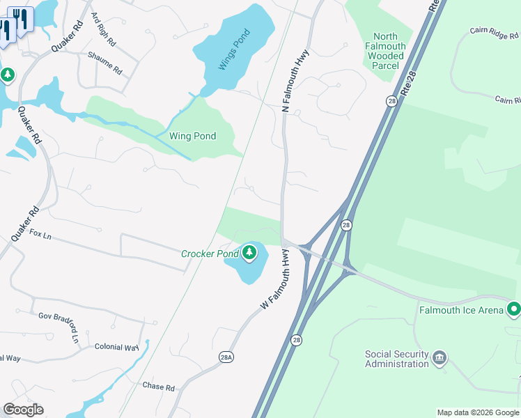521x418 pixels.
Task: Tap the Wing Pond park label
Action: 192,136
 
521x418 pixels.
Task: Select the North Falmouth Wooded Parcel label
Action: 385,51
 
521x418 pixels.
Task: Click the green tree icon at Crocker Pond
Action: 249,253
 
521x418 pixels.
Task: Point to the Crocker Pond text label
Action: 210,254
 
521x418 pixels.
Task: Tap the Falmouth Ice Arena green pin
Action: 514,308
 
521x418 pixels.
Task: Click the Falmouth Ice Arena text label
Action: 460,309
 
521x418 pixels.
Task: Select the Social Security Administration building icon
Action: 440,358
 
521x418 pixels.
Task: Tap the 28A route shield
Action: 226,357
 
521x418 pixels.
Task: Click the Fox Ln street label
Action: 41,233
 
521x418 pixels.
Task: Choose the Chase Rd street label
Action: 158,386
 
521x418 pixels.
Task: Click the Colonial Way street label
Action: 117,347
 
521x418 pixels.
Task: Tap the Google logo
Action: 23,410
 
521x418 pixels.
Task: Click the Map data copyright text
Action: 478,412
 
